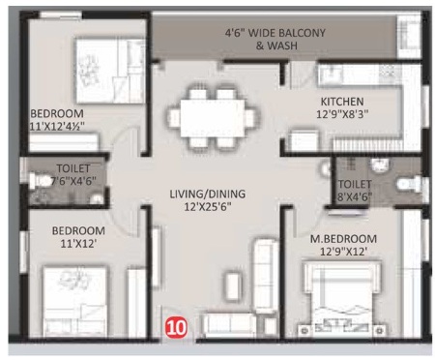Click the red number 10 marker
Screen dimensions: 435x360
176,328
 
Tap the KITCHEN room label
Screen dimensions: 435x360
342,102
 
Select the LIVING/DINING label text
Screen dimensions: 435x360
208,194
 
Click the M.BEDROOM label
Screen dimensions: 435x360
343,239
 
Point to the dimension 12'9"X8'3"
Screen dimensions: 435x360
342,114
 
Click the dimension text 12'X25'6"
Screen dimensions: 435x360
208,206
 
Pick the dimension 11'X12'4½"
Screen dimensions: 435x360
57,126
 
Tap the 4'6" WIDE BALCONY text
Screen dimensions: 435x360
275,33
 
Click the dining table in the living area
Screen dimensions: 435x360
213,118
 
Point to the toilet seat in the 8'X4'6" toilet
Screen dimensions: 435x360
409,184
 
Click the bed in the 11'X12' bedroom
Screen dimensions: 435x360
74,302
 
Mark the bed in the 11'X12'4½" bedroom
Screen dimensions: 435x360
110,71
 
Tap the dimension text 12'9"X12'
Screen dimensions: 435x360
343,252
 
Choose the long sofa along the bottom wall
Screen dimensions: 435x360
229,325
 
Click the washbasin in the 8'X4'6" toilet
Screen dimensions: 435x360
380,165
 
